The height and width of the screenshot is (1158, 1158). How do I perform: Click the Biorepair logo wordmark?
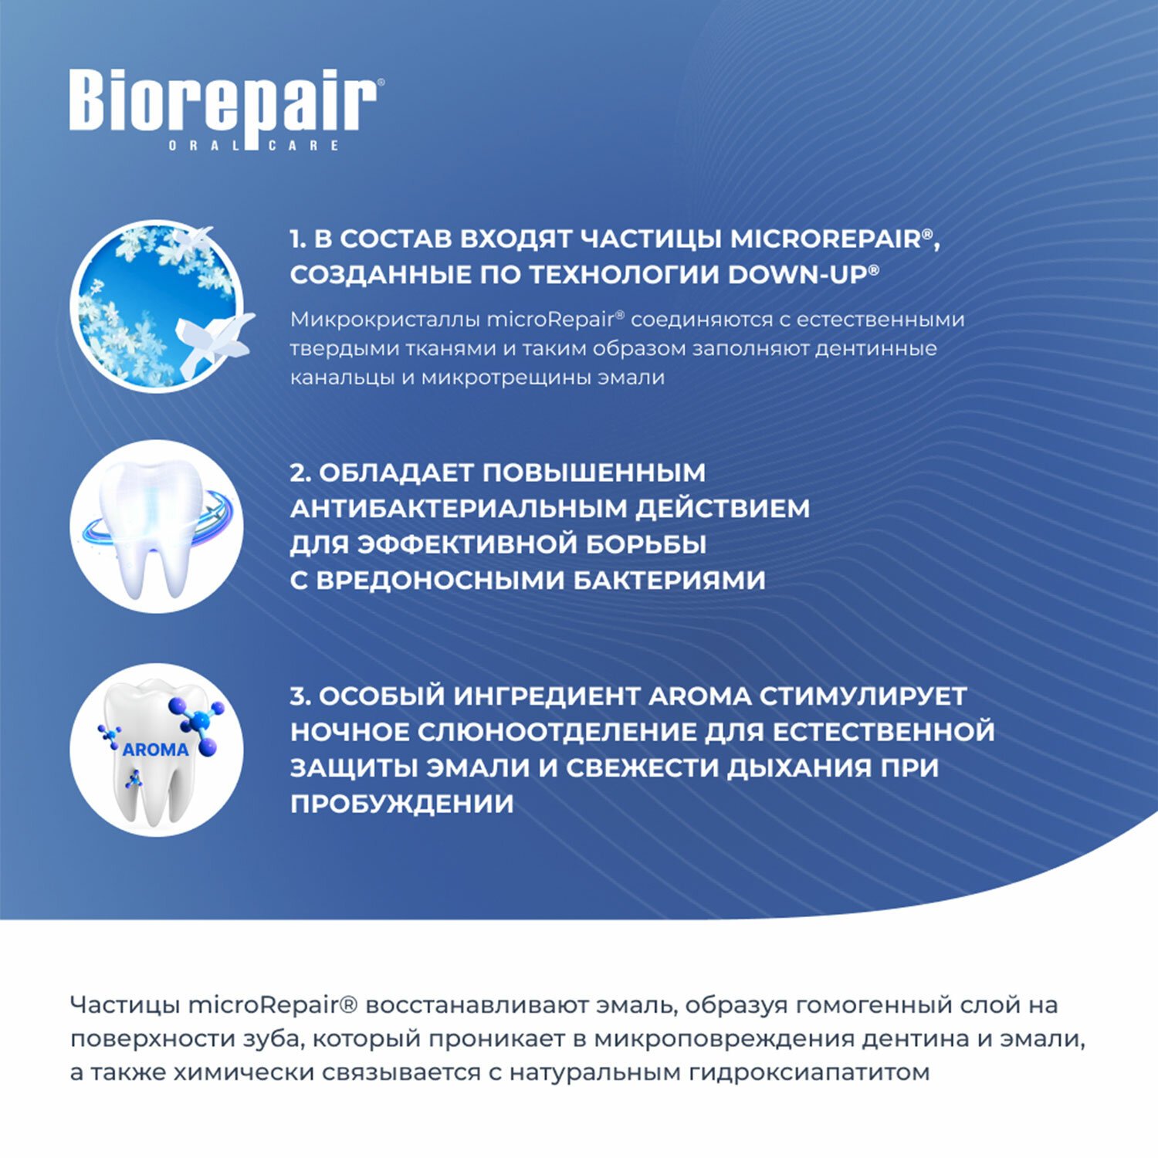pyautogui.click(x=223, y=103)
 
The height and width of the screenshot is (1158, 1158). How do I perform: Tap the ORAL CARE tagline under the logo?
pyautogui.click(x=254, y=145)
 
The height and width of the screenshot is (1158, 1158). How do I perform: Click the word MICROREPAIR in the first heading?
pyautogui.click(x=826, y=239)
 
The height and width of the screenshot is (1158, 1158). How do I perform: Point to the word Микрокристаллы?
pyautogui.click(x=385, y=320)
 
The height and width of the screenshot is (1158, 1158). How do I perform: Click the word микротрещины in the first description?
pyautogui.click(x=504, y=378)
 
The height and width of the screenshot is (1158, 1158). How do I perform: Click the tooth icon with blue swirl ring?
pyautogui.click(x=157, y=527)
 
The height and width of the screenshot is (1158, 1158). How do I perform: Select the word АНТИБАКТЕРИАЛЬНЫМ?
pyautogui.click(x=459, y=508)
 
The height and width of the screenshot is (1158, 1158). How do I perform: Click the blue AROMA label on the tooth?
pyautogui.click(x=156, y=750)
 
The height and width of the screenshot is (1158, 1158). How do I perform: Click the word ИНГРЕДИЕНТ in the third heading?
pyautogui.click(x=546, y=696)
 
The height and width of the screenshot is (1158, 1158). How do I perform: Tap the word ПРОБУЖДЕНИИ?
pyautogui.click(x=402, y=804)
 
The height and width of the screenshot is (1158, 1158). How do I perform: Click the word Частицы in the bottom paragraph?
pyautogui.click(x=124, y=1005)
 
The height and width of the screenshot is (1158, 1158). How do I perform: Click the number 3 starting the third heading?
pyautogui.click(x=297, y=696)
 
